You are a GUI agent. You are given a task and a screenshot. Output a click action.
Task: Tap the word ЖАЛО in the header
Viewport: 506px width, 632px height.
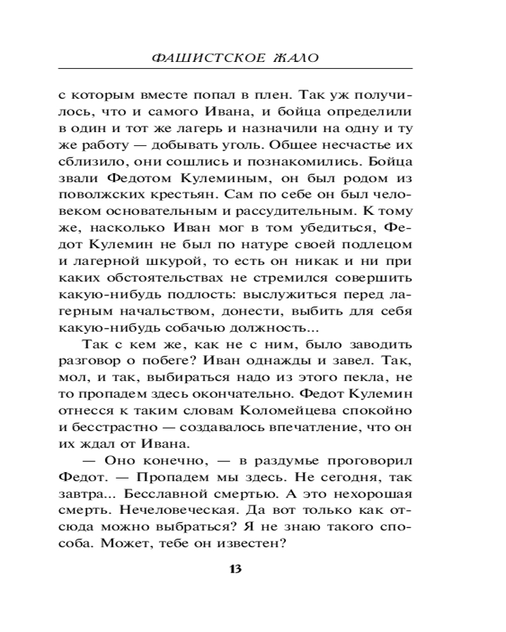click(x=292, y=58)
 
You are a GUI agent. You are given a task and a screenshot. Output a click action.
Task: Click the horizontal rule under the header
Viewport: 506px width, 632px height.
click(x=235, y=68)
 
